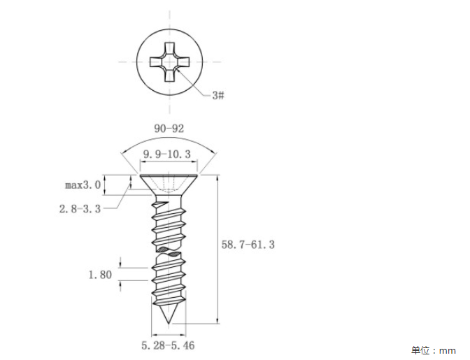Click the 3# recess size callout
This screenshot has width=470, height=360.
[x=218, y=95]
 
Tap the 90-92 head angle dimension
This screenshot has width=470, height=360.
[x=169, y=129]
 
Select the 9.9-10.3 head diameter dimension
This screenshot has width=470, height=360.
[x=166, y=154]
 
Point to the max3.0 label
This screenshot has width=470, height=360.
[x=83, y=185]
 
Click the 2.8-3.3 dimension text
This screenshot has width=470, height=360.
[x=80, y=208]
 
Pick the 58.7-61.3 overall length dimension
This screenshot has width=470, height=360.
[x=248, y=245]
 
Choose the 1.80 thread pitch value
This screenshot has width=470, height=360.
[x=100, y=275]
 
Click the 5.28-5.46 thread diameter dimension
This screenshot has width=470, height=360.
[x=168, y=345]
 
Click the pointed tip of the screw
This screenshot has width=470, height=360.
[x=169, y=324]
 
